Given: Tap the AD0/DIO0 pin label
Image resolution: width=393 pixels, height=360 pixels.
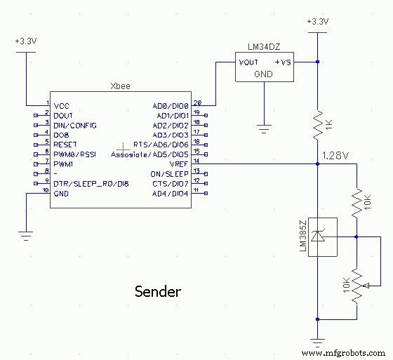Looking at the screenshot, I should coord(171,106).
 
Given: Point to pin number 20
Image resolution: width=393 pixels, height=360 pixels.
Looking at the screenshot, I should coord(198,101).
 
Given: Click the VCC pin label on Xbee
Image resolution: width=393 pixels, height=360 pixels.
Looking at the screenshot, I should coord(61,106).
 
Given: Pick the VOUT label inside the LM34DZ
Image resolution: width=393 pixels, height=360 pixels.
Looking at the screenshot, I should coord(249,62).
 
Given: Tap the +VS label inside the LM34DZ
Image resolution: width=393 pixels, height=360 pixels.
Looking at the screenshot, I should coord(283,62).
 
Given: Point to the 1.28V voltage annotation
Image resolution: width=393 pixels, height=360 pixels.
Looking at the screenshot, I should coord(335,154).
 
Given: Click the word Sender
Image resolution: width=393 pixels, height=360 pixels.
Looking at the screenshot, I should coord(158,291).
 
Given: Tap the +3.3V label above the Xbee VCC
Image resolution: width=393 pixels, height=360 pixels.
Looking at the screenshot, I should coord(26,41).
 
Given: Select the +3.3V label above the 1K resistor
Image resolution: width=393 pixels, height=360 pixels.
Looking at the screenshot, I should coord(318,21).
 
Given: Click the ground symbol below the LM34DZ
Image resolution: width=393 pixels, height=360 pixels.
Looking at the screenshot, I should coord(264,128).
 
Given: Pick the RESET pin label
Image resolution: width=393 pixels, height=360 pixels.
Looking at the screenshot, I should coord(65,144).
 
